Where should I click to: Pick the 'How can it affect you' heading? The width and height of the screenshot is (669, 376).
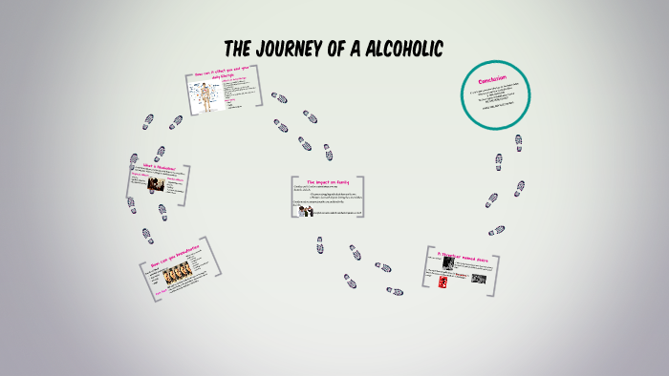pos(221,75)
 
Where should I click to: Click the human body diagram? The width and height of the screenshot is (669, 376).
pos(204,96)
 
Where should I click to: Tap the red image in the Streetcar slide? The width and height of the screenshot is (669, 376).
pos(442,282)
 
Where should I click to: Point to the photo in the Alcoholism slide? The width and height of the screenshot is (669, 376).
pos(154,183)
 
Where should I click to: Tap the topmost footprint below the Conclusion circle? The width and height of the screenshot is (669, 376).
pos(518,143)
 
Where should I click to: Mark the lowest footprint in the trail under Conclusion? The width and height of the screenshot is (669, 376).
pos(496,230)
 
